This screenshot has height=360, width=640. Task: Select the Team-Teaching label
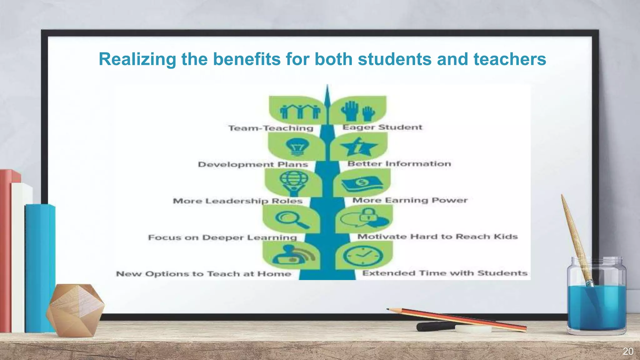[271, 128]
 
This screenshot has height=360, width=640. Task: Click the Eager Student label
[382, 127]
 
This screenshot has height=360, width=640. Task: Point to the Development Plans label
[253, 164]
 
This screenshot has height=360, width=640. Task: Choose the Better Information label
[399, 164]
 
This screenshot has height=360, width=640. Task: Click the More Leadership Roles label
[237, 201]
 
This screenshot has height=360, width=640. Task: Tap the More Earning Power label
[410, 200]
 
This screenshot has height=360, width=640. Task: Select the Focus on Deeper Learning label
[222, 237]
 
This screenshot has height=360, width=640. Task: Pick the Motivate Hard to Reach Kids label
[437, 237]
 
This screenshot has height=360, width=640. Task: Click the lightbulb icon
[297, 146]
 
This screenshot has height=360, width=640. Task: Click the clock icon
[363, 256]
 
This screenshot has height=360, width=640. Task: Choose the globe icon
[294, 182]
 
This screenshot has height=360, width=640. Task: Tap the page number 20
[628, 352]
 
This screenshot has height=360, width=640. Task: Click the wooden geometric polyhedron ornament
[75, 310]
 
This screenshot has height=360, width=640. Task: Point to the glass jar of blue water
[596, 300]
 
